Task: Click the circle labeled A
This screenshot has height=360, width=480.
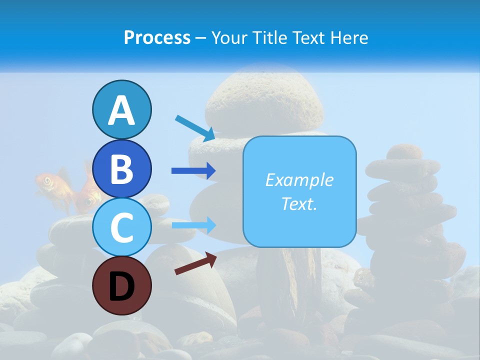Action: [121, 109]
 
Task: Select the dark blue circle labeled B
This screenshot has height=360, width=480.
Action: [121, 168]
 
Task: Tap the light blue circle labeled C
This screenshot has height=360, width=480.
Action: [121, 227]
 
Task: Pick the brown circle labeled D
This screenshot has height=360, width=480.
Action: [121, 286]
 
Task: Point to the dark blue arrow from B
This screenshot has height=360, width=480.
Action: [193, 171]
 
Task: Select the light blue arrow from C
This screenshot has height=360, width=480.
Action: [193, 225]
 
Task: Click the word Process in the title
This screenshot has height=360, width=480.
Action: [157, 37]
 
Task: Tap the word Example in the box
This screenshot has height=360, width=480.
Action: [299, 180]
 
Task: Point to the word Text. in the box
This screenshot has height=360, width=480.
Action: [299, 203]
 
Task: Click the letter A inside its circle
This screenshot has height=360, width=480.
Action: [121, 111]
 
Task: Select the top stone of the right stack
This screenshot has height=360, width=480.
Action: [405, 152]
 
